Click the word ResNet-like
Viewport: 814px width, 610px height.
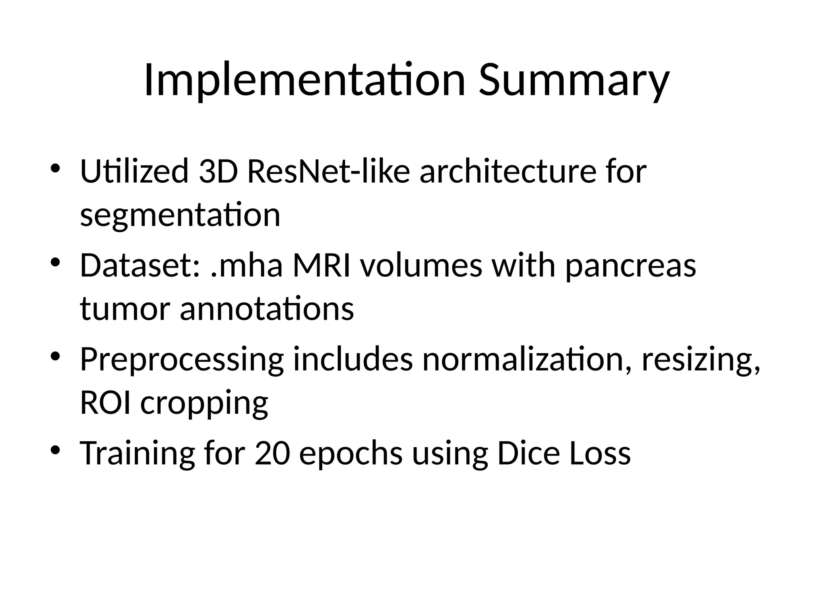tap(328, 171)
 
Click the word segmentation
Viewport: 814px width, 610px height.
tap(180, 215)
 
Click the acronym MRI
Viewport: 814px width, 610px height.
tap(322, 265)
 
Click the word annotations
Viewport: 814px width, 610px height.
tap(267, 309)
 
